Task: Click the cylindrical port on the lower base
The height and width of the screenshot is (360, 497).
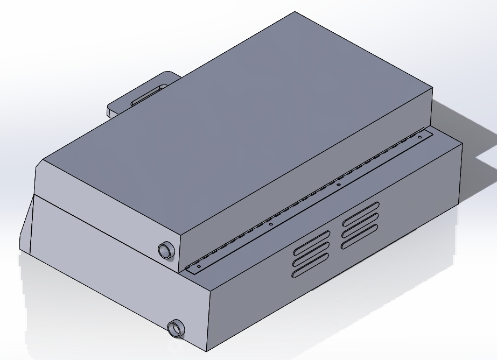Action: tap(176, 328)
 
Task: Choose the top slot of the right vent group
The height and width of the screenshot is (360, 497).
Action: tap(361, 211)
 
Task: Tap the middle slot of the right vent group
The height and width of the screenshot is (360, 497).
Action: tap(361, 222)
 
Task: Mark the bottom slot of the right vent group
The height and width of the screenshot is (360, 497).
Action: tap(360, 235)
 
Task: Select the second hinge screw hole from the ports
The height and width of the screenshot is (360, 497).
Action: tap(271, 224)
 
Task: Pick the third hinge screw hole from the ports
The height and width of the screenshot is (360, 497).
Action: tap(338, 185)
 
